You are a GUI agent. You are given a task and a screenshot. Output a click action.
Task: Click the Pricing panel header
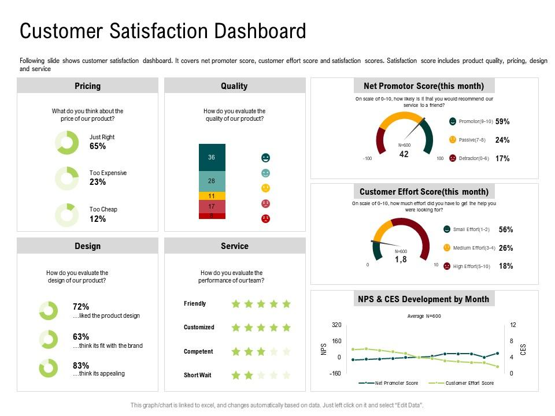point(87,86)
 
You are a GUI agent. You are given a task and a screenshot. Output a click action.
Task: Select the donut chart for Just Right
point(66,142)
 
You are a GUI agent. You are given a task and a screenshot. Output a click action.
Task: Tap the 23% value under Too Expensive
point(98,182)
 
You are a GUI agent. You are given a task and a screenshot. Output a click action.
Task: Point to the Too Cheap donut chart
point(66,214)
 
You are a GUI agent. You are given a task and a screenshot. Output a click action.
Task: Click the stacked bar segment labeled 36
point(212,157)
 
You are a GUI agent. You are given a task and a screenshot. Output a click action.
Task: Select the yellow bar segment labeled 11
point(212,196)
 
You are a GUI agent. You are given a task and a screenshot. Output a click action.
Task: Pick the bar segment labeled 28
point(212,181)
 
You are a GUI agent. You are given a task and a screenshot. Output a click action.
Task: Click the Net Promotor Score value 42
point(404,154)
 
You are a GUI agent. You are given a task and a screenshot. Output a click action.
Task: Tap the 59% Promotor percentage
point(502,122)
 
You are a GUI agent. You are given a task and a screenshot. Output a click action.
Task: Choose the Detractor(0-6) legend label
point(474,158)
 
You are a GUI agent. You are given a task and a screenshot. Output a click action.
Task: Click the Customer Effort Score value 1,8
point(401,260)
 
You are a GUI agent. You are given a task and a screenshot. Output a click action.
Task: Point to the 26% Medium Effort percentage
point(505,248)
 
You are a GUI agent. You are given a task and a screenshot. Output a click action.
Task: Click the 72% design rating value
point(81,307)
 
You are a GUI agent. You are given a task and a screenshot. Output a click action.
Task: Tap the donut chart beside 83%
point(49,368)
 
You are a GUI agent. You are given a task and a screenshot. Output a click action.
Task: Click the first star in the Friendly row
point(236,304)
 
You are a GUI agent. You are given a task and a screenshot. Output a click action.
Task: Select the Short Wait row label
point(197,376)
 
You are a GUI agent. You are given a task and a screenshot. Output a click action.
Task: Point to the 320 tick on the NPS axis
point(336,325)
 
